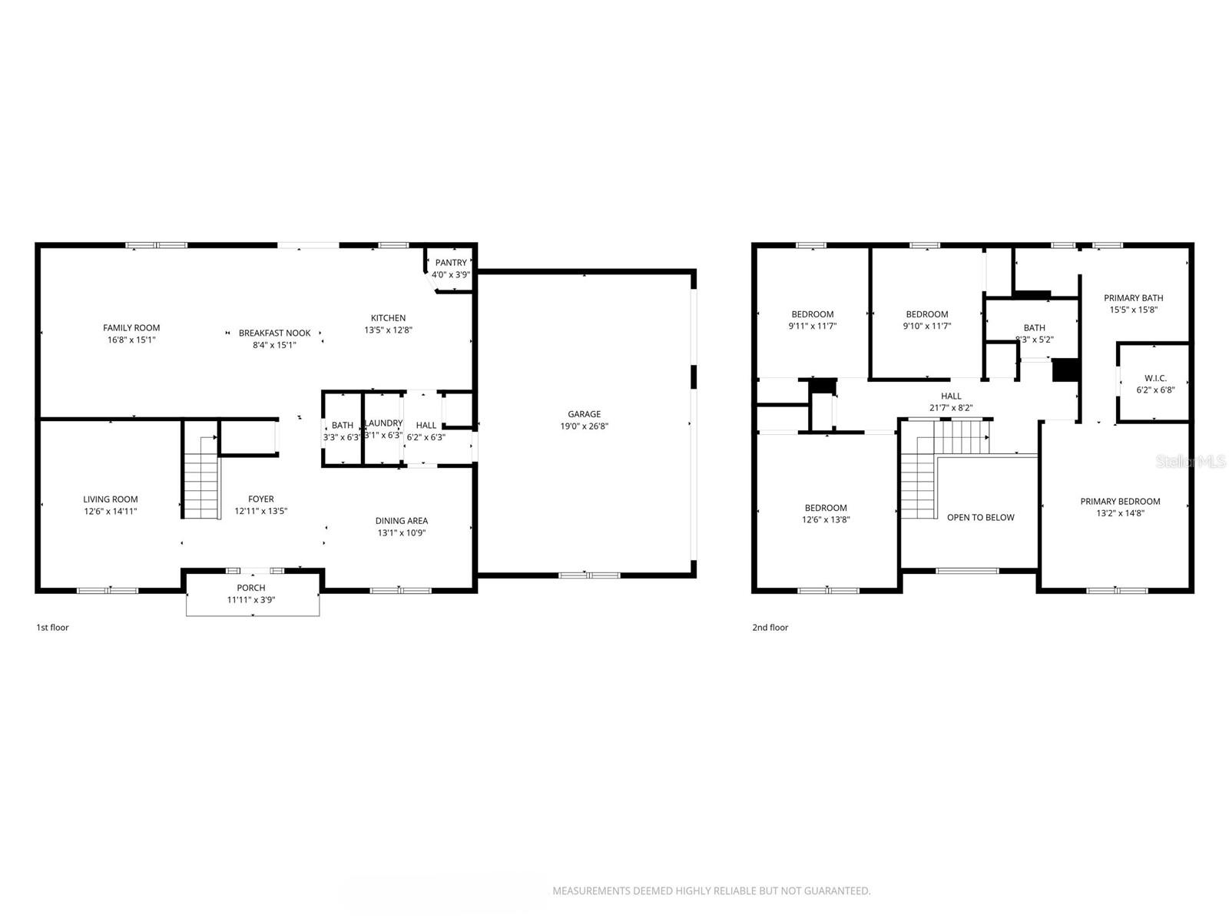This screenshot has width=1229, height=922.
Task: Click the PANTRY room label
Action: (x=451, y=263)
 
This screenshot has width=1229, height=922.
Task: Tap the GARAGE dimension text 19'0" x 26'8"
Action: (x=584, y=426)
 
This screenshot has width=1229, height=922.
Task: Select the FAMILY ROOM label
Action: (x=131, y=328)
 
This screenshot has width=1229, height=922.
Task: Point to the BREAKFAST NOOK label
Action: (x=274, y=333)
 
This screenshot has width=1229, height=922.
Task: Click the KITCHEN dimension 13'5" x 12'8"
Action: (x=388, y=330)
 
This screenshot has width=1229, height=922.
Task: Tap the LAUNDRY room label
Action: (x=383, y=423)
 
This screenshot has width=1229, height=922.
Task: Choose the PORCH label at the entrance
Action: (x=251, y=588)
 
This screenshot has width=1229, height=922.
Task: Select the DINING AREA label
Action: (x=401, y=521)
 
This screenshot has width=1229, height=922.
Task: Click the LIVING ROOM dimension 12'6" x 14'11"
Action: (x=111, y=512)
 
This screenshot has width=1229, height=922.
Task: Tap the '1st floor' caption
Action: (x=52, y=628)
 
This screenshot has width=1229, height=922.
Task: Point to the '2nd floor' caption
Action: (x=770, y=628)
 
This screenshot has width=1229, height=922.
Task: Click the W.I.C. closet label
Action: (x=1155, y=378)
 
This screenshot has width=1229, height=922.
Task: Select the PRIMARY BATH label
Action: (x=1133, y=298)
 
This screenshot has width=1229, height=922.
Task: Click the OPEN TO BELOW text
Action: (x=980, y=518)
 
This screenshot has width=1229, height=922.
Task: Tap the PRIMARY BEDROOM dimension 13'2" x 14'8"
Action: (x=1120, y=514)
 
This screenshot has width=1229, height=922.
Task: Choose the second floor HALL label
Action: (x=951, y=396)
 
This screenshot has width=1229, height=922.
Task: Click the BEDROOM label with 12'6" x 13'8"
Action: (x=826, y=508)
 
